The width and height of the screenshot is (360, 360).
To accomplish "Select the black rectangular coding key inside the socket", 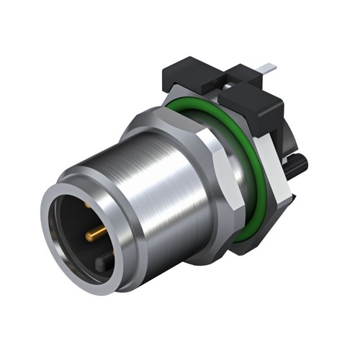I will point(105,263).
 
